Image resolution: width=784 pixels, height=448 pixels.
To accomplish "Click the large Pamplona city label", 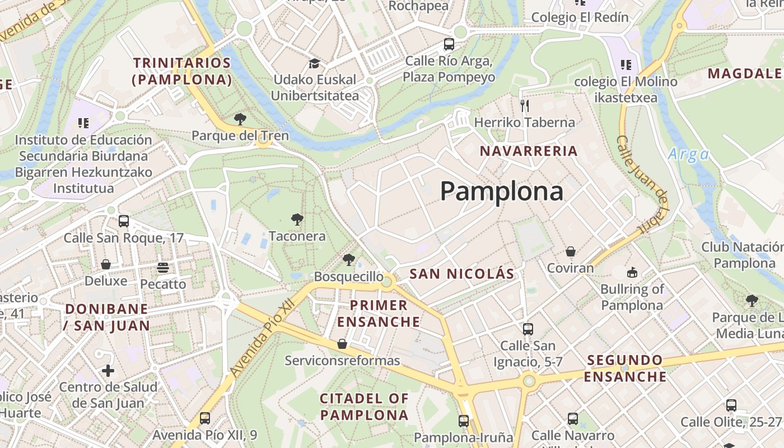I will coord(501,192).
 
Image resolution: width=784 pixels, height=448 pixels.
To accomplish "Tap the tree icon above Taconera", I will coord(297,219).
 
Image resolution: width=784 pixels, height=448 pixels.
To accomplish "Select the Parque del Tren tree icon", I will coord(240,119).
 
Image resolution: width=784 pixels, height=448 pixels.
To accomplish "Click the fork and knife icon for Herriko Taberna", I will coord(525,105).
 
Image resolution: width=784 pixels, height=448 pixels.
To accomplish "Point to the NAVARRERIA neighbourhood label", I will coord(529,151).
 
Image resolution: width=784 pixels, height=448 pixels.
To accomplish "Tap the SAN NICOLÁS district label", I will coord(461,274).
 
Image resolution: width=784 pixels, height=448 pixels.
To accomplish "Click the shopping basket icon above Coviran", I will coord(570,251).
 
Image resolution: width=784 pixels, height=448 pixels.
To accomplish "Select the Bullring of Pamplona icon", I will coord(632,273).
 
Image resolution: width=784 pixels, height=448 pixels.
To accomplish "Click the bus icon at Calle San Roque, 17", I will coord(124,221).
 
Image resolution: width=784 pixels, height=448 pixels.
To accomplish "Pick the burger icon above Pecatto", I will coord(163,267).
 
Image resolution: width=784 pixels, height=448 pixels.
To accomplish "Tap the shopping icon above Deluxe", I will coord(106,264).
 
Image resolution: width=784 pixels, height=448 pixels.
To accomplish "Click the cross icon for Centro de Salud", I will coord(108,370).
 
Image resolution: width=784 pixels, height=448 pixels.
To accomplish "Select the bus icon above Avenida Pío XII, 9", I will coord(205,418).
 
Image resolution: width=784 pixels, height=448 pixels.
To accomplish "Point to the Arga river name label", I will coord(688,154).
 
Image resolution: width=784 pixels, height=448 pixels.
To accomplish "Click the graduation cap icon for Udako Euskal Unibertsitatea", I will coord(314,63).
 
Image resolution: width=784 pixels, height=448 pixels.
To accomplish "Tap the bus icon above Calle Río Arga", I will coord(449,44).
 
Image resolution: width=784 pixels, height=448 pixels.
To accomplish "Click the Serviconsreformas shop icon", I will coord(342,343).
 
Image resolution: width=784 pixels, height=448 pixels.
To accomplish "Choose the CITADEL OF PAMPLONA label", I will coord(364,407).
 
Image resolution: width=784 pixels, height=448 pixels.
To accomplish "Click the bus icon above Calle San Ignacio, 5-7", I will coord(528,329).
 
